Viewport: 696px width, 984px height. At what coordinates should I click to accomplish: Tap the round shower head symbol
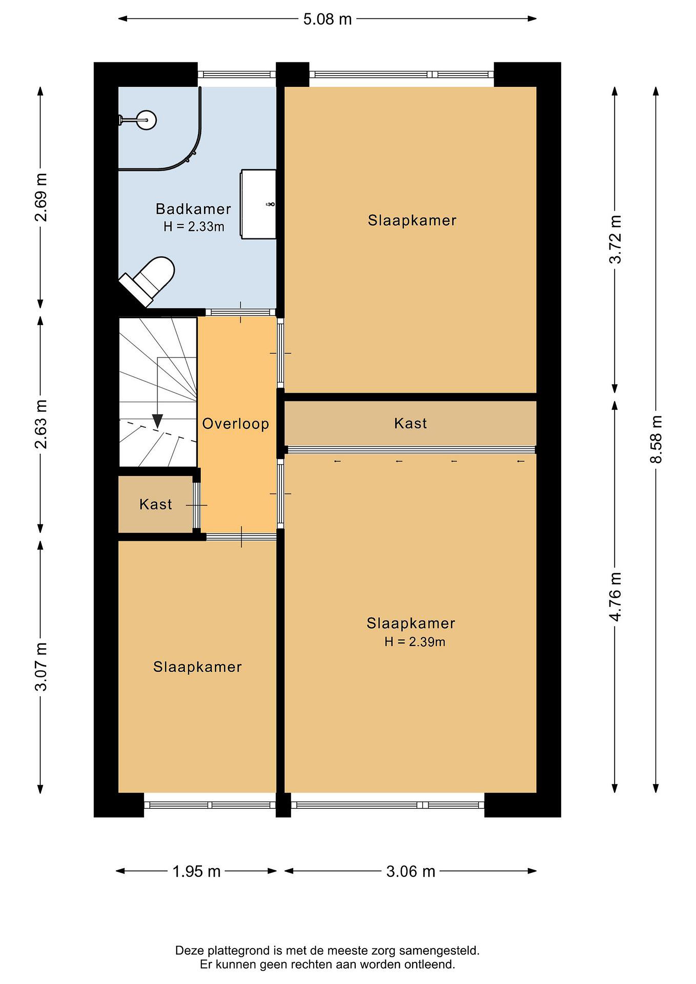click(x=147, y=120)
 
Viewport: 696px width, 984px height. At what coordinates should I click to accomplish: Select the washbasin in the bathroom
click(x=258, y=204)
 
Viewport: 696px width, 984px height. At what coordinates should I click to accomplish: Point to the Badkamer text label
click(x=193, y=209)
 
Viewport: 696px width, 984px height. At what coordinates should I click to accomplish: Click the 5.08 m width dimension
click(x=327, y=19)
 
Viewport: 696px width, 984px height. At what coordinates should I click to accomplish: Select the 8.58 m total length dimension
click(x=656, y=440)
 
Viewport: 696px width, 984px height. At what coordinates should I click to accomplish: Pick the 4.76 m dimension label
click(x=615, y=597)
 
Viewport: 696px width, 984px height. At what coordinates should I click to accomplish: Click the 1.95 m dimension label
click(x=196, y=871)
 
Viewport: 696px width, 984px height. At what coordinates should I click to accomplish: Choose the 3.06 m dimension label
click(x=411, y=871)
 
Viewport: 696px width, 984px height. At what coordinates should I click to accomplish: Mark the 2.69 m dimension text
click(x=41, y=197)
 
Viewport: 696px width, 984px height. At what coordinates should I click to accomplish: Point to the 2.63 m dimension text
click(x=41, y=424)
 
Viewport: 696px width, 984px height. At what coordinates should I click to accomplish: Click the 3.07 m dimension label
click(x=41, y=667)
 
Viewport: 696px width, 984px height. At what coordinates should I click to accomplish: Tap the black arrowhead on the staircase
click(x=157, y=421)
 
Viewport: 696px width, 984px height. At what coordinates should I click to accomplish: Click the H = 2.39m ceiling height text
click(x=415, y=642)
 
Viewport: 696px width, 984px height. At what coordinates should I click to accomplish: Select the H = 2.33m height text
click(x=194, y=226)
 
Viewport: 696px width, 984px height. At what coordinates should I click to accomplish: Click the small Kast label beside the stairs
click(x=155, y=504)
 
